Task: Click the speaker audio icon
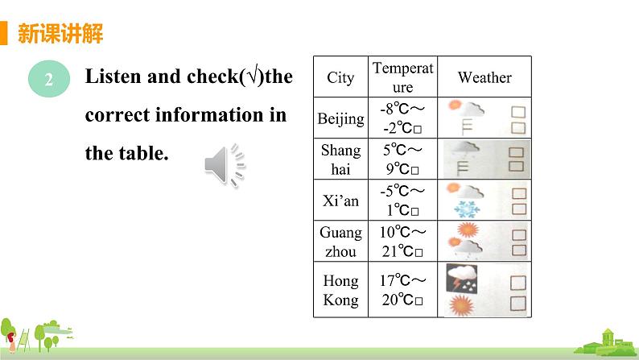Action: click(x=225, y=166)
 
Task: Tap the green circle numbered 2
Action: click(x=48, y=79)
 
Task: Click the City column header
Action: click(x=340, y=77)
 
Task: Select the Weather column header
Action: click(x=484, y=77)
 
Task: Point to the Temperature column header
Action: click(x=403, y=77)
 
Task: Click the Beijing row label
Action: click(x=340, y=119)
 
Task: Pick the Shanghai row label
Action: click(x=340, y=159)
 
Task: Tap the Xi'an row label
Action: click(x=340, y=200)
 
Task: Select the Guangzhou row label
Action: click(x=340, y=240)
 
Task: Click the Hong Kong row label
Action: click(x=340, y=290)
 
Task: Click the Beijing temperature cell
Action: click(x=403, y=119)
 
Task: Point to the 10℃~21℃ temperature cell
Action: click(x=403, y=240)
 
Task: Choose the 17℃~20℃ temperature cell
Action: click(x=403, y=290)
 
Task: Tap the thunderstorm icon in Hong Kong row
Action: click(x=464, y=277)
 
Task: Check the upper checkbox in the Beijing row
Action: click(x=518, y=110)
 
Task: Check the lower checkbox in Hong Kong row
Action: click(x=518, y=304)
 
